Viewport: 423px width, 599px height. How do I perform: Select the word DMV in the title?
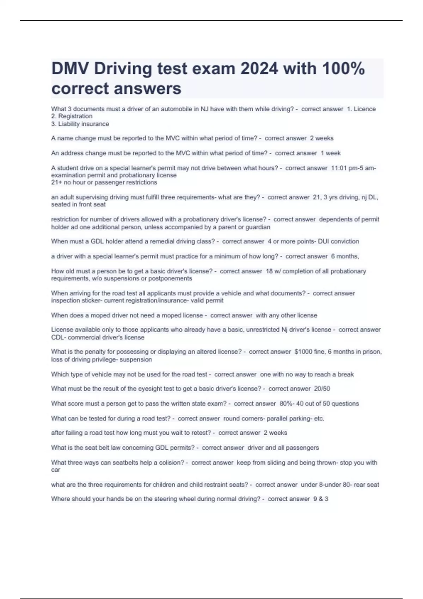point(70,69)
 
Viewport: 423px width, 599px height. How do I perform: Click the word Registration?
point(75,116)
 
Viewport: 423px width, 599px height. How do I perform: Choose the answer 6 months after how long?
point(345,256)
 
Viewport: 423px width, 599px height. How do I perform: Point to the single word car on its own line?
point(56,470)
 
